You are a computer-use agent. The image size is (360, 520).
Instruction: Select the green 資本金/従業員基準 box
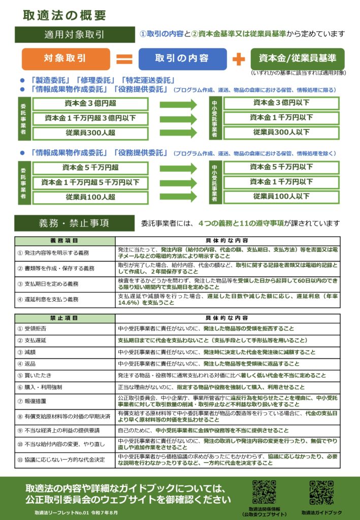point(297,58)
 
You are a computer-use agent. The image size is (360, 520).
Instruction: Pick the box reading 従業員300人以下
point(281,133)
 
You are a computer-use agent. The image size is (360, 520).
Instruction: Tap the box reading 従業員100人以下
point(281,197)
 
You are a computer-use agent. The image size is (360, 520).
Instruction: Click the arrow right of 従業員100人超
point(178,197)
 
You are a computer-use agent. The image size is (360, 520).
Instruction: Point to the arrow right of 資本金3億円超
point(178,104)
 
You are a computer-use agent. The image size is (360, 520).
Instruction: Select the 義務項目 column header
point(64,240)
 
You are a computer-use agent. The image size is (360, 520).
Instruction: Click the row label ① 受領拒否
point(64,329)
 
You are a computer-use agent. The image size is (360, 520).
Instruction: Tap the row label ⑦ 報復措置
point(64,401)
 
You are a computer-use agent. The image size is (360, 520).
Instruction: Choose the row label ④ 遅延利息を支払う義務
point(64,299)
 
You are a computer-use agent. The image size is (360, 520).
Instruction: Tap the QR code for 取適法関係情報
point(265,492)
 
